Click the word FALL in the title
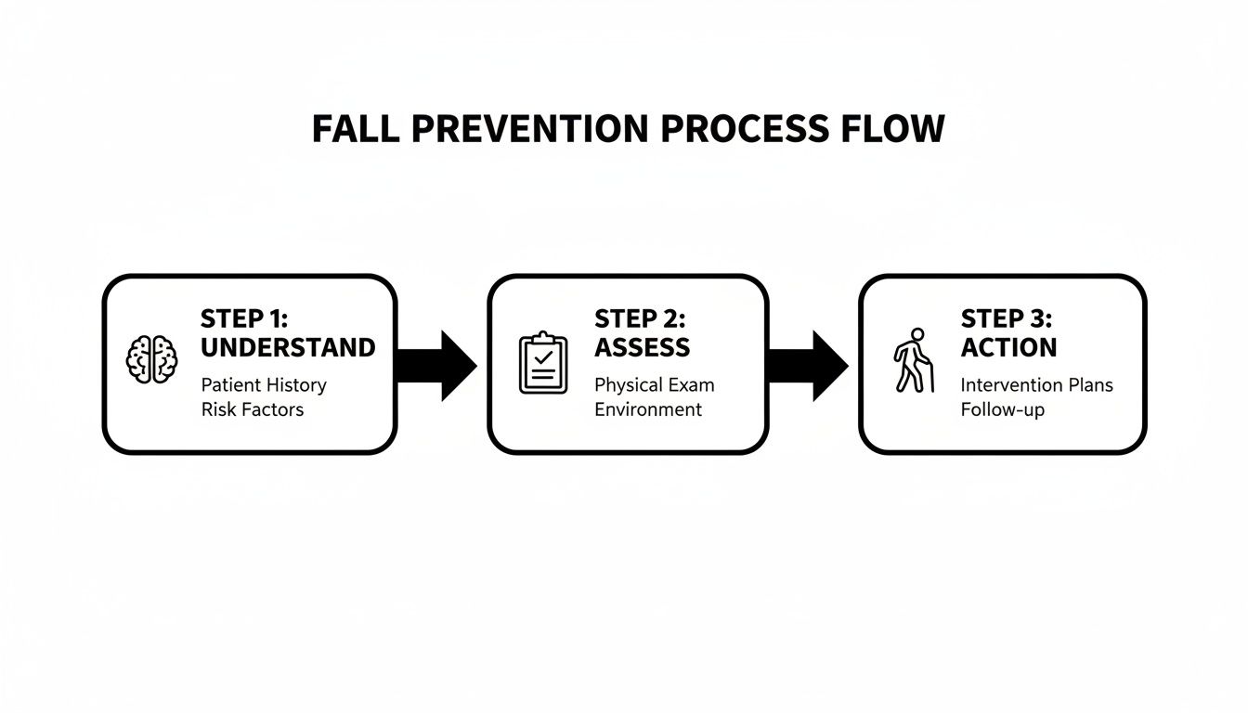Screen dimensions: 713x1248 tap(355, 129)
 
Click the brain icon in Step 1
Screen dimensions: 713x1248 tap(152, 359)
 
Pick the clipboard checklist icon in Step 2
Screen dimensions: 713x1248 tap(543, 363)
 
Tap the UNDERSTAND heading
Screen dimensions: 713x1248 tap(288, 348)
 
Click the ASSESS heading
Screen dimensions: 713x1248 tap(642, 348)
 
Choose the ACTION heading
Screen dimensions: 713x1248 tap(1008, 348)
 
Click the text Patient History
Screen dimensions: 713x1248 tap(264, 384)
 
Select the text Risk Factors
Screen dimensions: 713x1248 tap(253, 409)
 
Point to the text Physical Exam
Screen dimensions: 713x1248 tap(655, 384)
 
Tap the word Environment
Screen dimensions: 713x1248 tap(648, 409)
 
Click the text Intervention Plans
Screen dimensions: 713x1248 tap(1036, 384)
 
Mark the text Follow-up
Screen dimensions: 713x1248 tap(1003, 409)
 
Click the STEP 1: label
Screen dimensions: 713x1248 tap(244, 319)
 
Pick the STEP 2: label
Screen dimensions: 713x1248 tap(640, 319)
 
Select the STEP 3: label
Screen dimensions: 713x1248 tap(1007, 319)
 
